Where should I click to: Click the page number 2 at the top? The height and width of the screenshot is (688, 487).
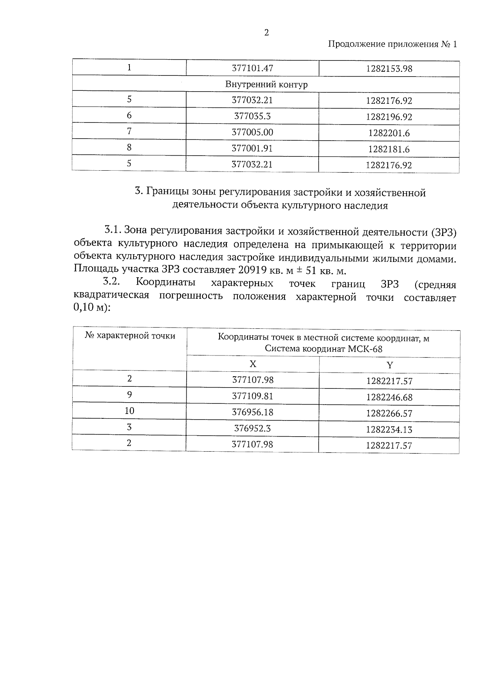[x=266, y=33]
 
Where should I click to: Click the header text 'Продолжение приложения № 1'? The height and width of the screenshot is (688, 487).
[x=392, y=45]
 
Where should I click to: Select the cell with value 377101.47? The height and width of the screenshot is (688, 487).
[x=252, y=69]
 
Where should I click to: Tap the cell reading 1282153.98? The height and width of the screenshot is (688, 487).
[x=389, y=69]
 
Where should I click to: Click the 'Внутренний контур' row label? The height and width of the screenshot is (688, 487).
[x=266, y=85]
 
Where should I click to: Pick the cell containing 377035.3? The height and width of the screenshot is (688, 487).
[x=252, y=116]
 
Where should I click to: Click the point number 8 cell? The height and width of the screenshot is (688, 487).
[x=129, y=148]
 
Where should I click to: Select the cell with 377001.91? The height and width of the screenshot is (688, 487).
[x=252, y=148]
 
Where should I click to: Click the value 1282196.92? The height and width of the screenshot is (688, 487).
[x=389, y=117]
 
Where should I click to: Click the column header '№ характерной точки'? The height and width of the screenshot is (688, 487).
[x=130, y=336]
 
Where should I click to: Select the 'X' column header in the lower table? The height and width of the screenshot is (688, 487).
[x=253, y=364]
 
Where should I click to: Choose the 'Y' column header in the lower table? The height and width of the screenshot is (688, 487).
[x=389, y=365]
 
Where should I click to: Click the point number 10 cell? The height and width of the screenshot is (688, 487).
[x=129, y=411]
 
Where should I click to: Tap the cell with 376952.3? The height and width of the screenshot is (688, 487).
[x=252, y=429]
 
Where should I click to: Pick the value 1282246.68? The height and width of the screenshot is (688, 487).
[x=389, y=397]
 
